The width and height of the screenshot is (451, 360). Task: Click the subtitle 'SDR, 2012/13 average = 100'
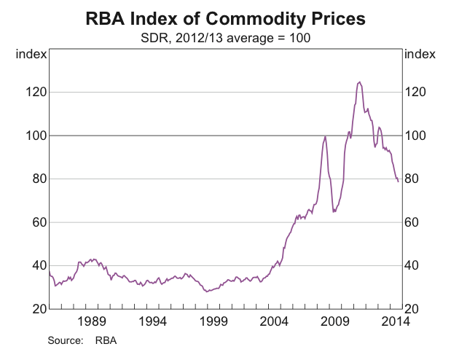225,36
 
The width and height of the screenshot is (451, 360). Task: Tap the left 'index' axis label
33,55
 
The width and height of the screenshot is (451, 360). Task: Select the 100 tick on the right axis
414,136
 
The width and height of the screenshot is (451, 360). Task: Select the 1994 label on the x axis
152,321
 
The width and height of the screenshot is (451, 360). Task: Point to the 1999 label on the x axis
213,321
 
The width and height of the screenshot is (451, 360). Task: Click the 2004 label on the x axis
275,321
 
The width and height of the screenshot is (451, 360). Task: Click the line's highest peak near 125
359,82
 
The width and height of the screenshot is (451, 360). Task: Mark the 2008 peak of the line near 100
325,136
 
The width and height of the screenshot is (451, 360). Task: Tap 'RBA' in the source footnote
106,340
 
